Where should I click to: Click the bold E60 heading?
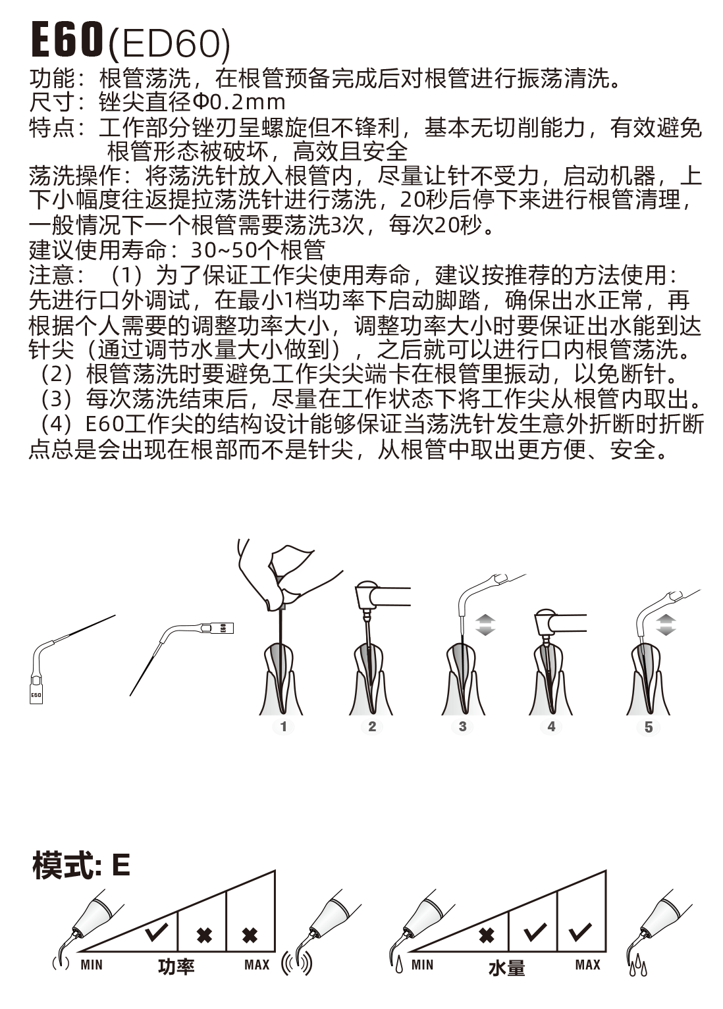(x=67, y=40)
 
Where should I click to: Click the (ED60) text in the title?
(x=169, y=45)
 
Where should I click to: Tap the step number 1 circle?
(x=284, y=727)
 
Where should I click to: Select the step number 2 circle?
(x=372, y=727)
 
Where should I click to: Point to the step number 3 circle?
(x=462, y=727)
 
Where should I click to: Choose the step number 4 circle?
(x=551, y=727)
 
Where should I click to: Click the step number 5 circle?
(x=649, y=727)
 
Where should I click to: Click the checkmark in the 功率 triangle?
(x=157, y=932)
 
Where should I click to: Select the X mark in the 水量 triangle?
(x=487, y=935)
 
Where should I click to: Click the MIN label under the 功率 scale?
(x=92, y=965)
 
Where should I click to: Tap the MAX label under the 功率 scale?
(x=257, y=965)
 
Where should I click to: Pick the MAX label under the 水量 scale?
(x=587, y=965)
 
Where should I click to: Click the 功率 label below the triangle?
(x=176, y=967)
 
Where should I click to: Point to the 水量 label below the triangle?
(x=506, y=968)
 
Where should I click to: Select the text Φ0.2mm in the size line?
(x=239, y=103)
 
